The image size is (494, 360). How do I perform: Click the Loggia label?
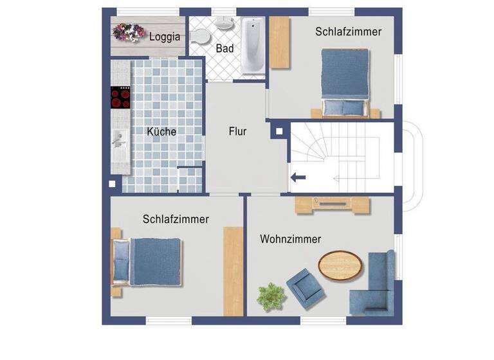pyautogui.click(x=165, y=37)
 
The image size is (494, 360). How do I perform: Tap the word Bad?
pyautogui.click(x=224, y=48)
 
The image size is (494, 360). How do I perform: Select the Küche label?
pyautogui.click(x=161, y=131)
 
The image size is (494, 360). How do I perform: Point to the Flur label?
pyautogui.click(x=237, y=131)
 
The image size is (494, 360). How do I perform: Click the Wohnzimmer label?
pyautogui.click(x=290, y=239)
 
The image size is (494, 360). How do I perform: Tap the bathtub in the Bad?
pyautogui.click(x=252, y=46)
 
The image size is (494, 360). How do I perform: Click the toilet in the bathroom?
pyautogui.click(x=198, y=36)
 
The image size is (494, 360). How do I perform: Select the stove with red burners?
pyautogui.click(x=120, y=97)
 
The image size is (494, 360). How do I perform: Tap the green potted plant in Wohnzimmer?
pyautogui.click(x=271, y=296)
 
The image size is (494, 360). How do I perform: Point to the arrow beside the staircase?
pyautogui.click(x=298, y=177)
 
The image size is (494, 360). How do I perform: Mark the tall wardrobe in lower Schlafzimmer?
pyautogui.click(x=232, y=271)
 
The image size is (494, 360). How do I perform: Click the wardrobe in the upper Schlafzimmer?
pyautogui.click(x=280, y=42)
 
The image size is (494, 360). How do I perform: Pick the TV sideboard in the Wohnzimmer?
pyautogui.click(x=333, y=204)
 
